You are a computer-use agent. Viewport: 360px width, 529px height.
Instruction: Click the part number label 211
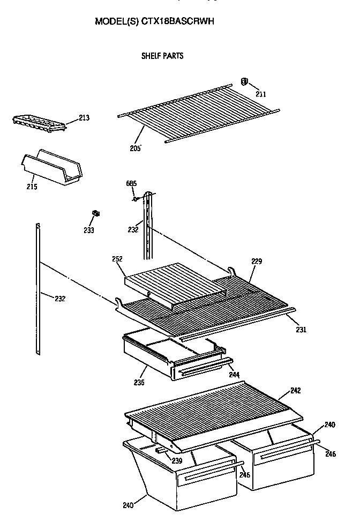pyautogui.click(x=261, y=94)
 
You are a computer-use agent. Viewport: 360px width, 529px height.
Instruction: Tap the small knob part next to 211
pyautogui.click(x=244, y=82)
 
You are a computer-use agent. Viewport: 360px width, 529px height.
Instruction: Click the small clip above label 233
pyautogui.click(x=96, y=214)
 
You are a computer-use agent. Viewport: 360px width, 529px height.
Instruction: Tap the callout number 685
pyautogui.click(x=131, y=183)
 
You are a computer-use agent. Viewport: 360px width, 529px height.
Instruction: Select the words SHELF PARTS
pyautogui.click(x=162, y=56)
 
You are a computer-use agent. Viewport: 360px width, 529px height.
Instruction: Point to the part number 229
pyautogui.click(x=257, y=262)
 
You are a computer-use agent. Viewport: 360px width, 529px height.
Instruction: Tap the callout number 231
pyautogui.click(x=301, y=330)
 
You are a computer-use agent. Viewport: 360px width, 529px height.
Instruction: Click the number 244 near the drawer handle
pyautogui.click(x=234, y=375)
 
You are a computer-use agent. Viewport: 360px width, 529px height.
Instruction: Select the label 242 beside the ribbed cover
pyautogui.click(x=295, y=391)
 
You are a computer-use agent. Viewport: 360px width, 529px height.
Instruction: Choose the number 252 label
pyautogui.click(x=118, y=259)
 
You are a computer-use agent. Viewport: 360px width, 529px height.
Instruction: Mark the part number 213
pyautogui.click(x=84, y=118)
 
